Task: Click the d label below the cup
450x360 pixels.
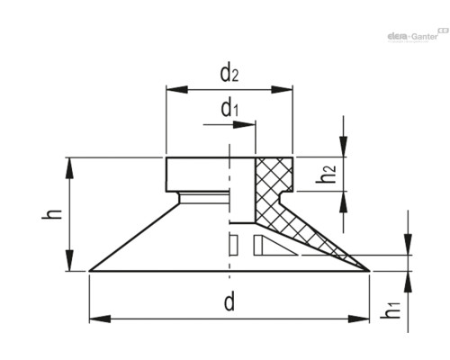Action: click(229, 301)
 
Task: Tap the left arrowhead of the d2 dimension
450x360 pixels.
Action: click(173, 90)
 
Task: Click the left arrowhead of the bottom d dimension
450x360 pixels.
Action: click(96, 318)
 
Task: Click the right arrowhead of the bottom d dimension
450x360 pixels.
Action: click(363, 318)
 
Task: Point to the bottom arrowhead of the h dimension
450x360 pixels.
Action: click(68, 264)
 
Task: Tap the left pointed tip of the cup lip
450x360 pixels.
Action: click(90, 270)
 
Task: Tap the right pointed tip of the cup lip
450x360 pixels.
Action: click(369, 270)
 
